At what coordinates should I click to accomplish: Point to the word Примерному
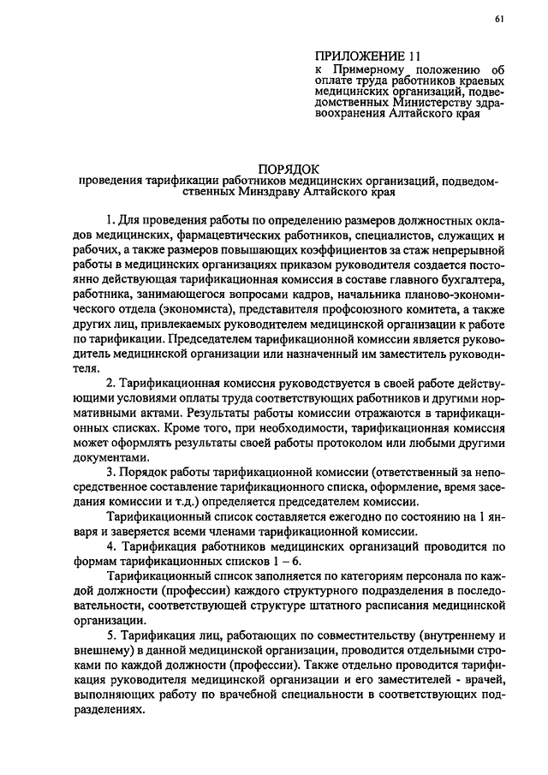point(374,74)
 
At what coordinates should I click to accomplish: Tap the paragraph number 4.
point(110,546)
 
